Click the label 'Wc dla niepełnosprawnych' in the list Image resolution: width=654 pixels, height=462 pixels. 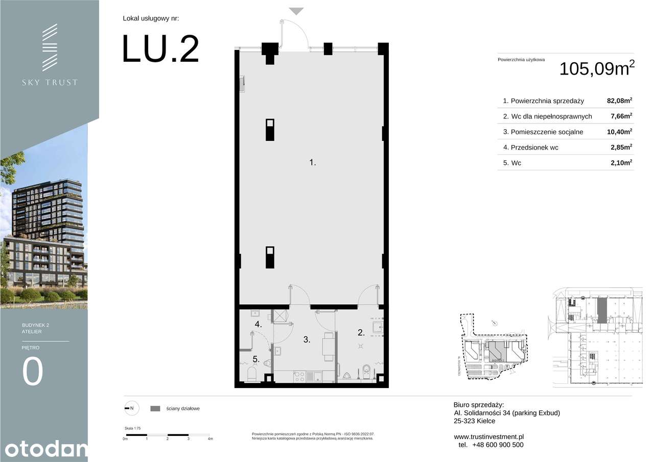click(547, 116)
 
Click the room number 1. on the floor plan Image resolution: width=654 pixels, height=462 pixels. click(313, 163)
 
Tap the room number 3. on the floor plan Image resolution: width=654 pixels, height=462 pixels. click(307, 339)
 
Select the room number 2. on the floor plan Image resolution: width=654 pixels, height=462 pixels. click(361, 333)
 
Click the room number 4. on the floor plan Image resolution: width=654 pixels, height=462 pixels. click(259, 324)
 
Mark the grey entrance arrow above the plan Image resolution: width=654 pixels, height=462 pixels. click(296, 11)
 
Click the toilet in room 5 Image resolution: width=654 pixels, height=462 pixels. click(252, 374)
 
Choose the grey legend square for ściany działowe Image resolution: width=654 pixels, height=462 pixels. click(155, 408)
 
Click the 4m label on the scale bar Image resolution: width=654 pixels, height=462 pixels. click(209, 439)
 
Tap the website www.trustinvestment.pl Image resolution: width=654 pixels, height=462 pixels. click(488, 436)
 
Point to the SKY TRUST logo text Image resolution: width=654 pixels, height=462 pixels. click(50, 82)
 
